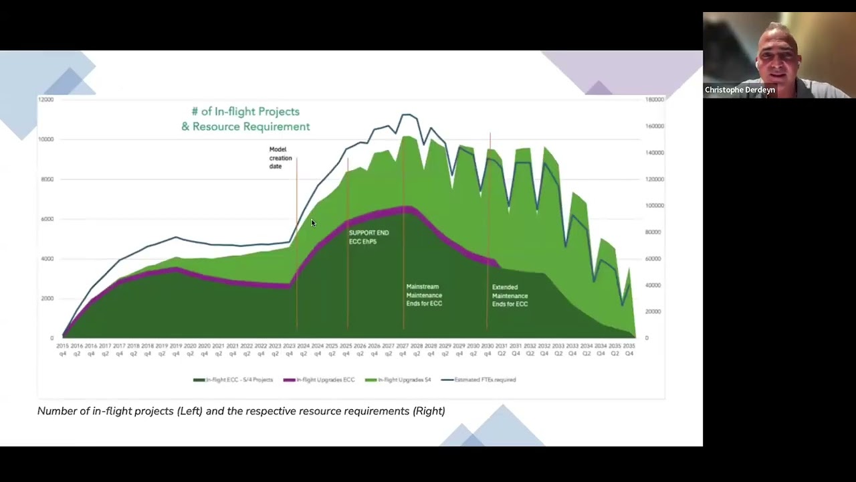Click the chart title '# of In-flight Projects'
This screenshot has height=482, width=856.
click(245, 112)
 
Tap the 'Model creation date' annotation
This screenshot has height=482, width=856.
click(280, 158)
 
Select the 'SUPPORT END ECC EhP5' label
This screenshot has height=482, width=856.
click(368, 237)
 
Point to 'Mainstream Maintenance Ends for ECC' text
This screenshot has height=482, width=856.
click(424, 295)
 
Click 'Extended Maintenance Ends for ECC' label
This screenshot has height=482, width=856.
click(510, 296)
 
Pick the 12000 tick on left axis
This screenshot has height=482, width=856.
click(45, 100)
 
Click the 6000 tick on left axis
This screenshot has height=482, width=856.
click(47, 219)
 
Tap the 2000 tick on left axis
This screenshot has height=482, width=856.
click(47, 299)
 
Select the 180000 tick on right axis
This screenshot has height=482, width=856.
click(654, 100)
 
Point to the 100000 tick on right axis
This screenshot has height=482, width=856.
click(654, 206)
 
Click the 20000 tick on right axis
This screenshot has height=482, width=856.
click(653, 312)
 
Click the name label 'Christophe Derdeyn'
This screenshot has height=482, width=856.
click(740, 90)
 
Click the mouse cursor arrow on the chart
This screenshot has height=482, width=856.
click(312, 223)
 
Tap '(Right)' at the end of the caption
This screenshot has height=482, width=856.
click(429, 411)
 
